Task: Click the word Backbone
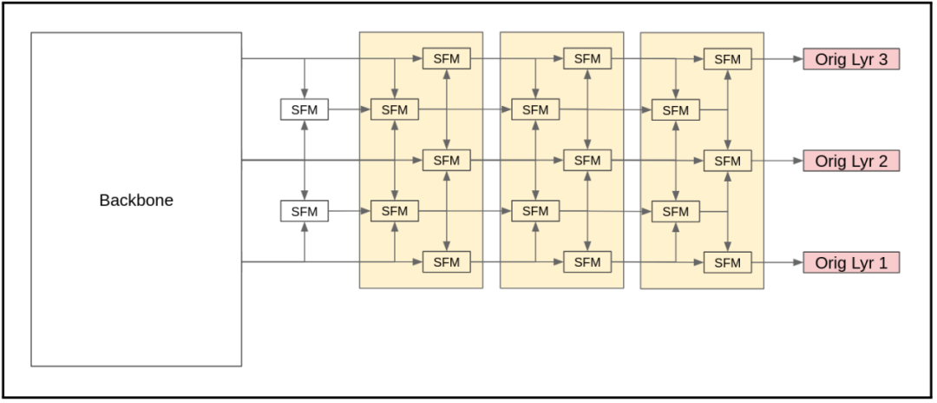point(136,201)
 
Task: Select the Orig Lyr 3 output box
point(850,59)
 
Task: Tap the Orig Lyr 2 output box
point(850,161)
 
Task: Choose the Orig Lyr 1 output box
point(850,262)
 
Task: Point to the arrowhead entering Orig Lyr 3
point(797,59)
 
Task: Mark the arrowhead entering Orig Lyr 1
point(797,262)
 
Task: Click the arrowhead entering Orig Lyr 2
point(797,161)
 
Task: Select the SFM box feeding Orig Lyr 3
point(727,59)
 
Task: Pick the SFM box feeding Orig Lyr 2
point(727,161)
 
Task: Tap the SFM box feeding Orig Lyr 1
point(727,262)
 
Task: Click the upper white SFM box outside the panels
point(305,110)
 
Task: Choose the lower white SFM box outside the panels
point(305,211)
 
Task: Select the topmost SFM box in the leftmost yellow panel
point(446,59)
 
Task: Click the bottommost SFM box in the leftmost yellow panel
point(446,262)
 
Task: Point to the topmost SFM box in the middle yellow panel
point(587,59)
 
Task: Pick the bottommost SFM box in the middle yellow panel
point(587,262)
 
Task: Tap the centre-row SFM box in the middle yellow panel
point(587,161)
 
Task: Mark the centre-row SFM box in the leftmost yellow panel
point(446,161)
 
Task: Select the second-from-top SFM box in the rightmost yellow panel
point(675,110)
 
